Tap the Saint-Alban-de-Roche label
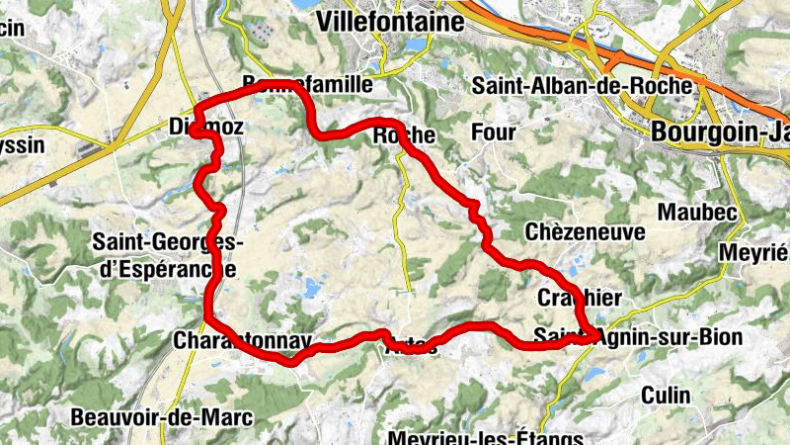pos(582,86)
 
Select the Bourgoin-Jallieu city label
pos(720,130)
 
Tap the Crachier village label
pos(580,298)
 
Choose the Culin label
pos(666,395)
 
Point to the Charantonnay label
pos(242,341)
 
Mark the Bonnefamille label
pos(307,86)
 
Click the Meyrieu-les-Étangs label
pos(486,436)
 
